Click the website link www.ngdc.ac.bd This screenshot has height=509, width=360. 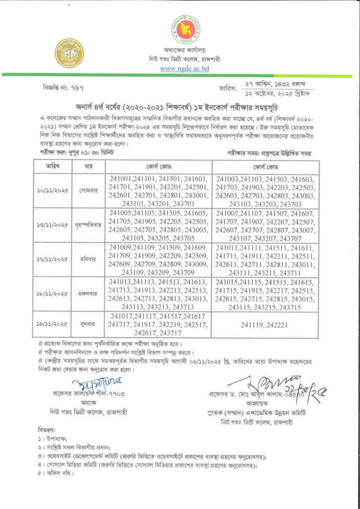coord(184,69)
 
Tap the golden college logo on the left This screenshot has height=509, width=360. coord(70,53)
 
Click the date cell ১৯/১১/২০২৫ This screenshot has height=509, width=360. coord(53,324)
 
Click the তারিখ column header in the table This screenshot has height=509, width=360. coord(53,166)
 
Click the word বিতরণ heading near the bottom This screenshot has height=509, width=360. coord(48,428)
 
